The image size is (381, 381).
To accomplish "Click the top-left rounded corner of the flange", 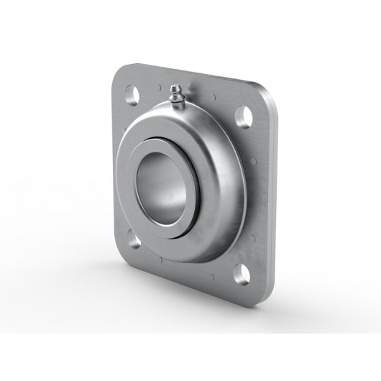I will point(122,72).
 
